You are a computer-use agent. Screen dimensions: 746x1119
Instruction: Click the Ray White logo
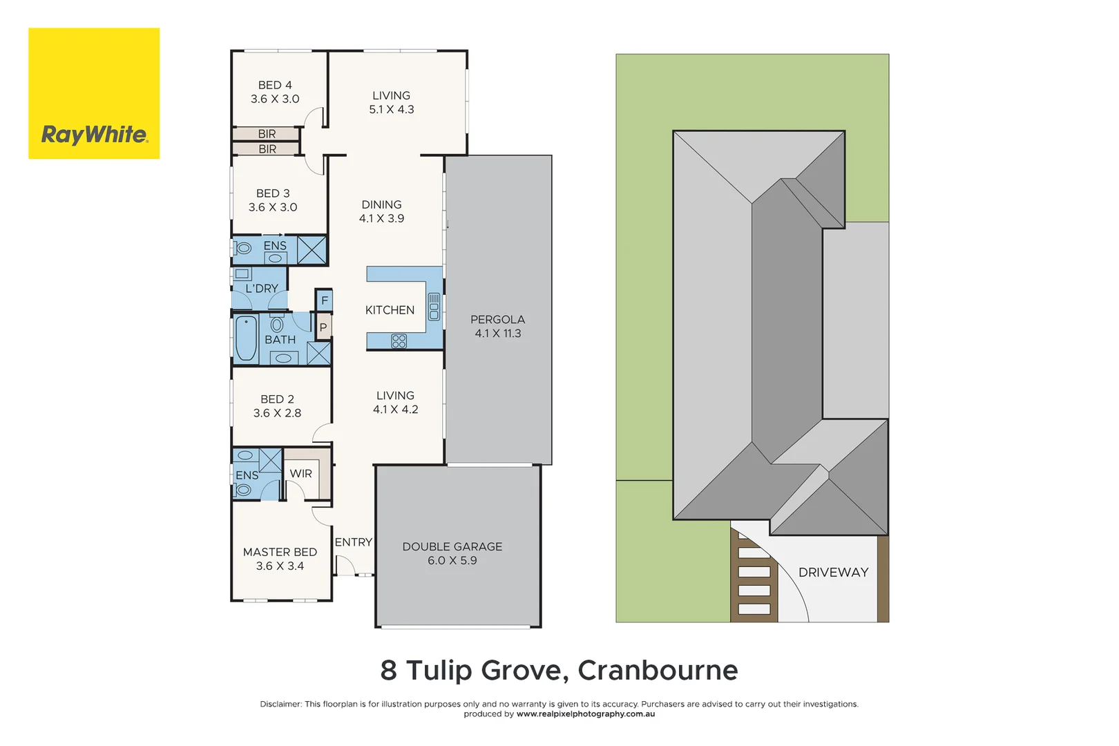point(94,94)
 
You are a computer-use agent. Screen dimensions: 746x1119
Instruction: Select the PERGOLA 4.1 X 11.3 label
point(497,326)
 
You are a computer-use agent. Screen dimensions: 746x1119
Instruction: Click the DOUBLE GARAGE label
point(452,546)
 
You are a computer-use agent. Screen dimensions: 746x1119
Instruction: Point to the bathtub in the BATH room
point(246,338)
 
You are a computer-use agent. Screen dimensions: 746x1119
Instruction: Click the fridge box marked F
point(324,300)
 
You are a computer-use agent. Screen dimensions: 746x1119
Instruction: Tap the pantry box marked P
point(323,327)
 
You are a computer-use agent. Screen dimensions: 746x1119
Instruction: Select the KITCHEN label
point(390,310)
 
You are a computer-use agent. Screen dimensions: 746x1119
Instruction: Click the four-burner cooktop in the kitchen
point(399,341)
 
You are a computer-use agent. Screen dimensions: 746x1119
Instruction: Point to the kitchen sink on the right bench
point(434,306)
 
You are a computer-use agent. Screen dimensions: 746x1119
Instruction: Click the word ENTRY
point(353,542)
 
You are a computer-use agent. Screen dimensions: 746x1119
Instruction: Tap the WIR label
point(300,473)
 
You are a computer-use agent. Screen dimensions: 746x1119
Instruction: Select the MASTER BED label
point(280,552)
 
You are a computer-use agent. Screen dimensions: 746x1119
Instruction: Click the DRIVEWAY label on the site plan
point(833,572)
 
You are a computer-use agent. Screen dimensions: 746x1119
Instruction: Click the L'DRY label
point(262,288)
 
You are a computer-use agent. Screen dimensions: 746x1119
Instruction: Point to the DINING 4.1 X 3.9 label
point(381,211)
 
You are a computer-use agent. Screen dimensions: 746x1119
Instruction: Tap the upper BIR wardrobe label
point(267,133)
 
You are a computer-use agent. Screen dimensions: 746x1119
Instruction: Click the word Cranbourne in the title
point(658,670)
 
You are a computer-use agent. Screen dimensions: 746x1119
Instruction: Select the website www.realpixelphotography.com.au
point(585,714)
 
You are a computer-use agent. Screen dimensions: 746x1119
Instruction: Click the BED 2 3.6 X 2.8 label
point(277,406)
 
